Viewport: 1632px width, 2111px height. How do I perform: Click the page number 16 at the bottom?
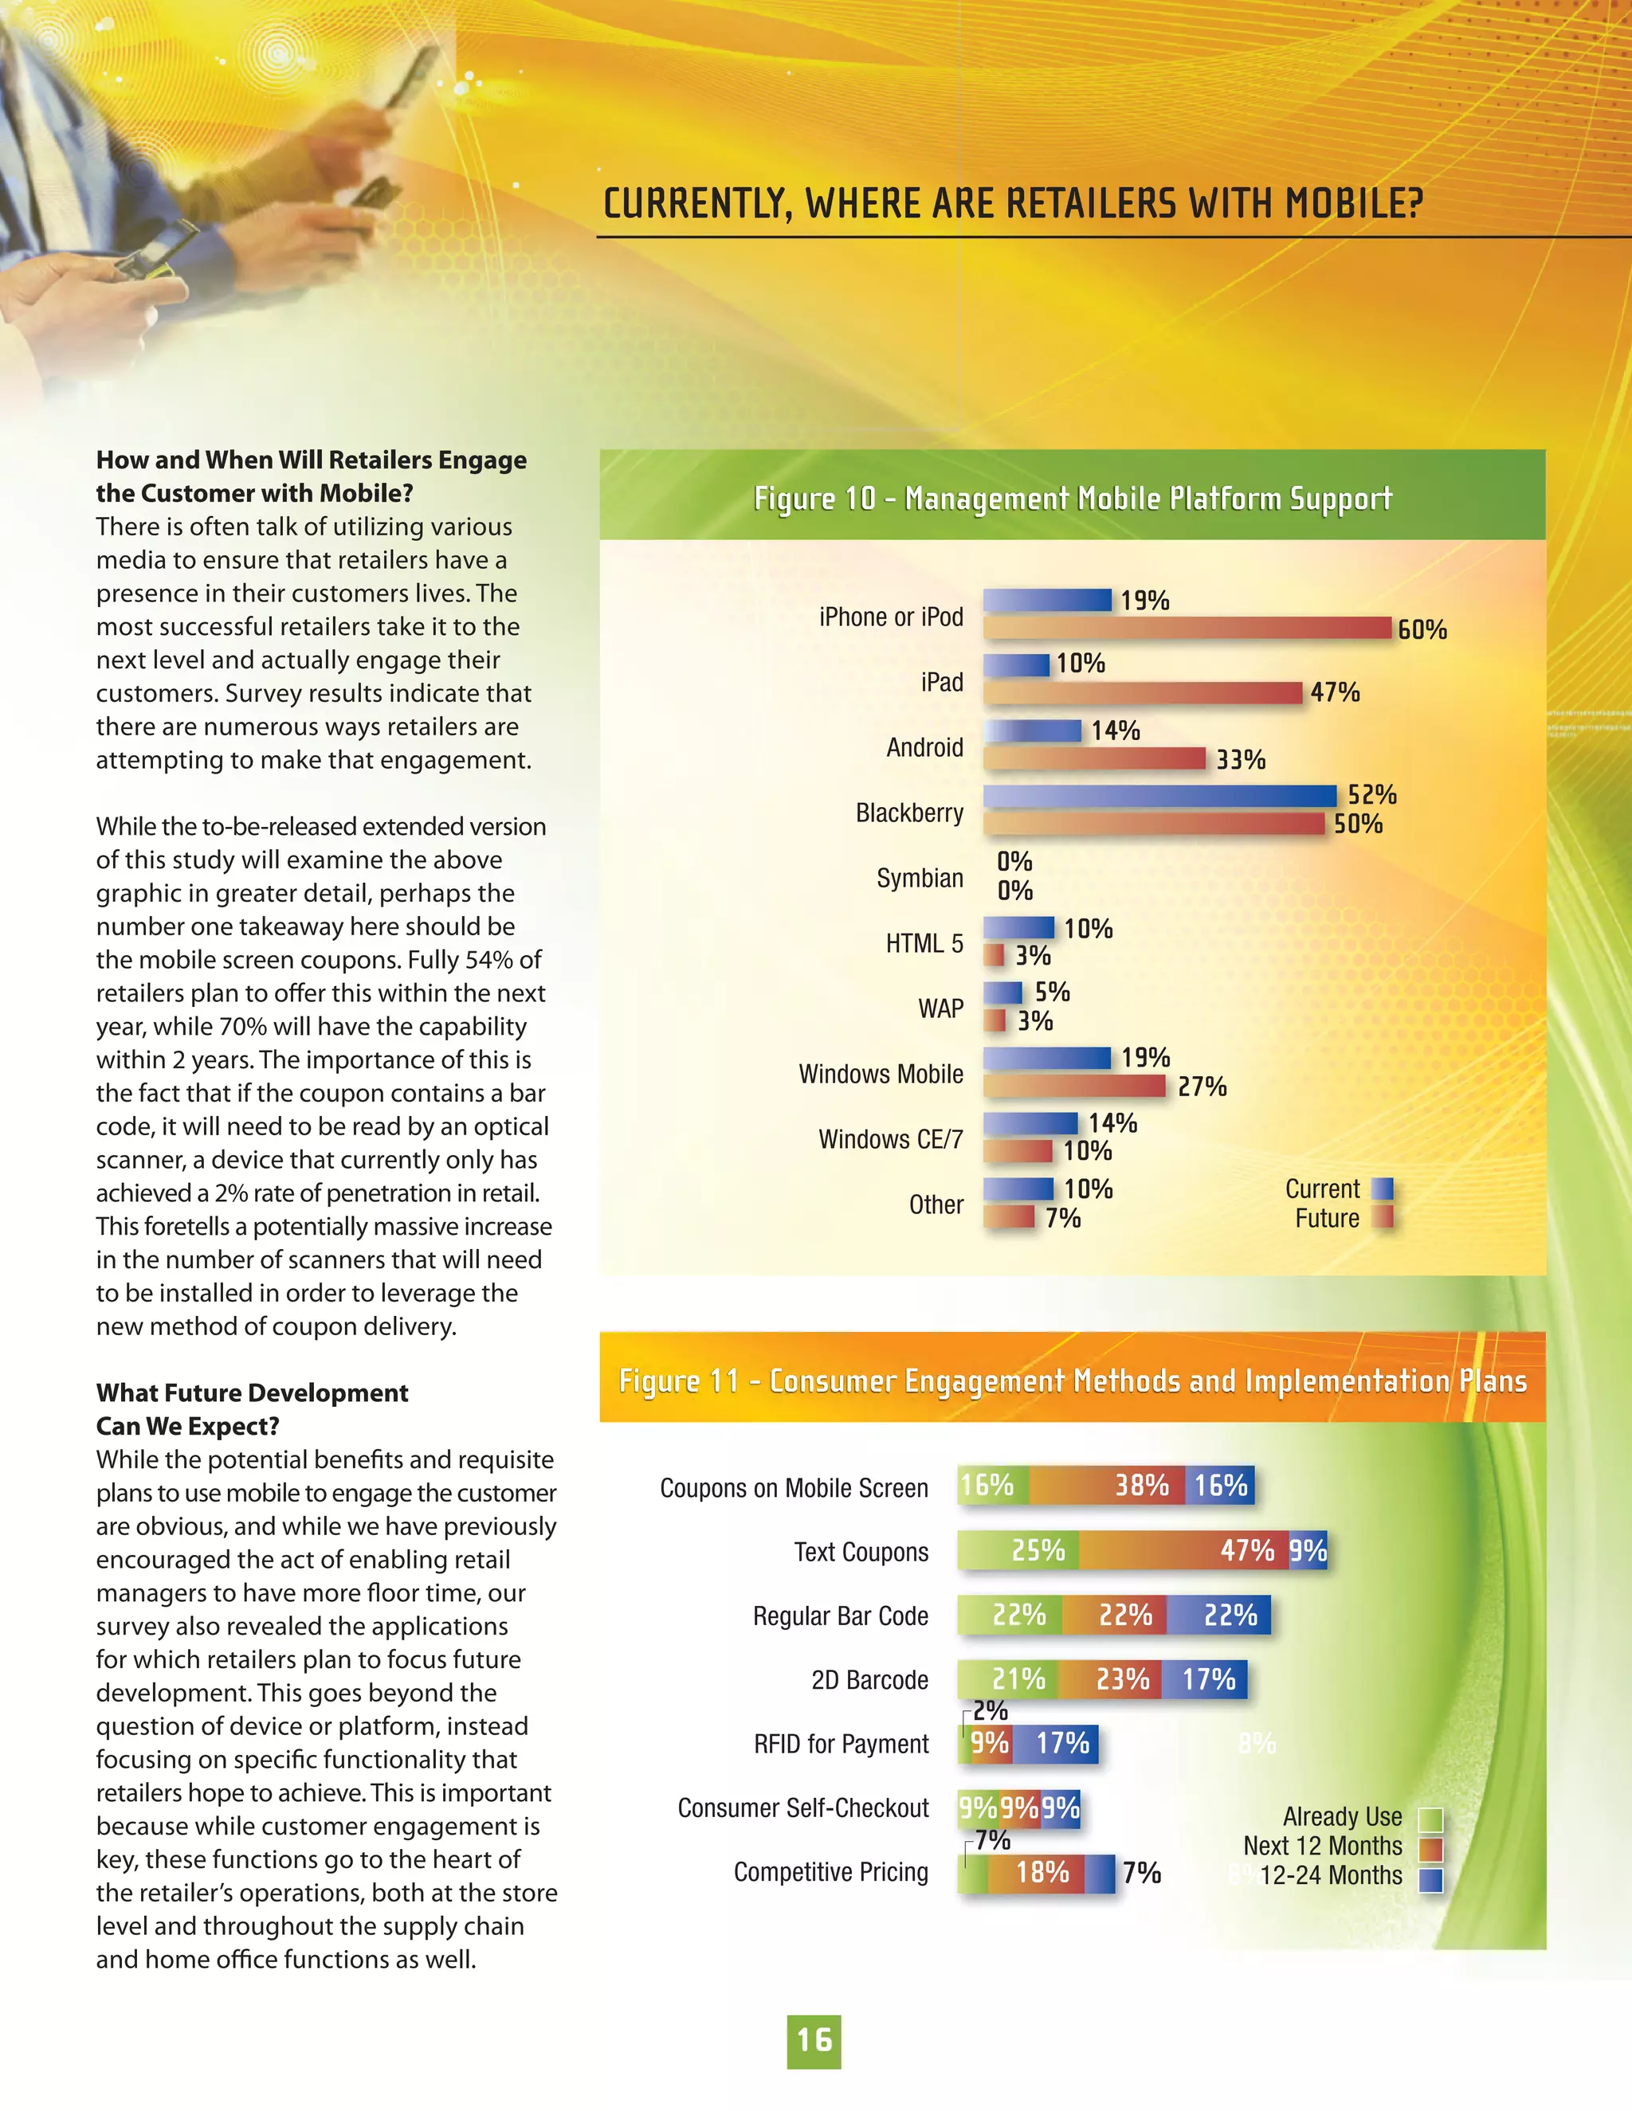[x=814, y=2040]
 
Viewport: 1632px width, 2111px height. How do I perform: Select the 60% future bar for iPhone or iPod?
[x=1187, y=629]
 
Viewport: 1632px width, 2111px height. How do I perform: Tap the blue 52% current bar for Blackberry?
[x=1159, y=796]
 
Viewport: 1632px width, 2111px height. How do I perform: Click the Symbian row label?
[x=920, y=879]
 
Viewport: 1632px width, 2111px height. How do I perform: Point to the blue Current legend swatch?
[x=1383, y=1189]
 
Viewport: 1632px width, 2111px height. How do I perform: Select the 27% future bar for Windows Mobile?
[x=1074, y=1087]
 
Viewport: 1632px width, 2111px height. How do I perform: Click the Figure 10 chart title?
[x=1073, y=499]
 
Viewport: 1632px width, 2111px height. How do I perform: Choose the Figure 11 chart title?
[x=1073, y=1381]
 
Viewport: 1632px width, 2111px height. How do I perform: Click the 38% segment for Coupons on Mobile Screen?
[x=1107, y=1486]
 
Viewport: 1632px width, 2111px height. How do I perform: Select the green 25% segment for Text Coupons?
[x=1018, y=1550]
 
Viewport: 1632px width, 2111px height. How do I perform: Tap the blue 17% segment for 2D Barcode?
[x=1204, y=1680]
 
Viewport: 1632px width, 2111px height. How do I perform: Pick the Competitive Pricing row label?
[x=830, y=1872]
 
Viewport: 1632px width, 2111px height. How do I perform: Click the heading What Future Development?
[x=251, y=1392]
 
